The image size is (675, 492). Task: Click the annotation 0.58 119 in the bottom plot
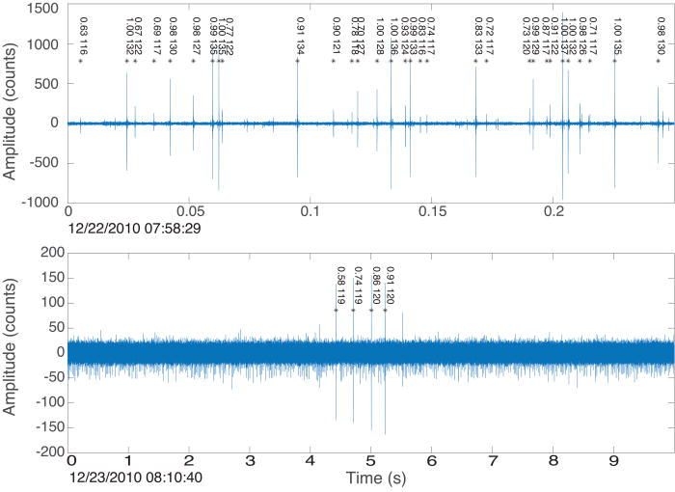[x=340, y=286]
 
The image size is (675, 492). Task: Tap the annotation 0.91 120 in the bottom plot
[x=390, y=286]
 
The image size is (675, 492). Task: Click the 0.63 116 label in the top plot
[x=84, y=35]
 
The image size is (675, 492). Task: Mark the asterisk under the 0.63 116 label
[x=81, y=62]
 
